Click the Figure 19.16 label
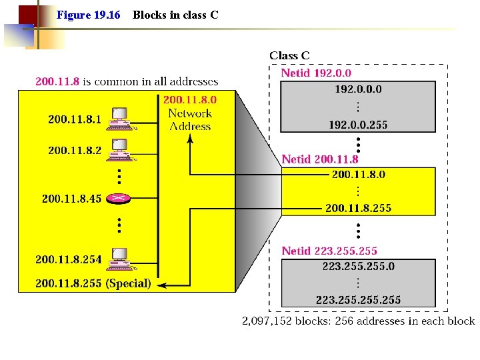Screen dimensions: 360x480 (x=88, y=14)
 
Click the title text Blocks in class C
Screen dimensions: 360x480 (x=175, y=14)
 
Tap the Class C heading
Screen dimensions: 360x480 (x=289, y=56)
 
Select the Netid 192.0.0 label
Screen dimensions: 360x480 (x=316, y=73)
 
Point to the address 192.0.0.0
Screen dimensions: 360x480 (x=358, y=89)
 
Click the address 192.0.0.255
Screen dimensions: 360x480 (x=358, y=125)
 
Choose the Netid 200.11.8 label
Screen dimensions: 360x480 (x=320, y=159)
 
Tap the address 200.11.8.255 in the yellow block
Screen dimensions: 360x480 (x=358, y=208)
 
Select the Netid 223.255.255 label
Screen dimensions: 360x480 (x=329, y=251)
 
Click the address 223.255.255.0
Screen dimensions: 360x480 (x=358, y=266)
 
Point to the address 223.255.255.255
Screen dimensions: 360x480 (x=358, y=300)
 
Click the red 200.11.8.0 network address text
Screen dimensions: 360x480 (x=190, y=99)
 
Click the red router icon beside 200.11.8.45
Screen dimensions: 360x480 (x=119, y=198)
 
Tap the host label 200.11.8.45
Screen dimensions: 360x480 (x=71, y=198)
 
